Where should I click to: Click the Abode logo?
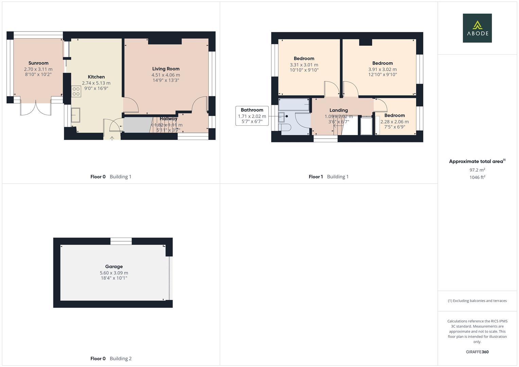coord(477,28)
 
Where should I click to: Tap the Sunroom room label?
coord(38,63)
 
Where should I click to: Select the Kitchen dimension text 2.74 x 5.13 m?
coord(96,83)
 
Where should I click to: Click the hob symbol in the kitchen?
coord(76,91)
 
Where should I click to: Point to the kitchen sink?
coord(75,115)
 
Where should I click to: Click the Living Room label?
coord(166,69)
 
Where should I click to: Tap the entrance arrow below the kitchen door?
coord(112,138)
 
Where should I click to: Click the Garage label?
coord(114,266)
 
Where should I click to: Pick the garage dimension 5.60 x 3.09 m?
coord(114,273)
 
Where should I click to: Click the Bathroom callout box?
coord(252,116)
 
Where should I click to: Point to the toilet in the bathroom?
coord(285,127)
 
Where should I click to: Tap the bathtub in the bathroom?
coord(294,105)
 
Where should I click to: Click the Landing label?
coord(339,110)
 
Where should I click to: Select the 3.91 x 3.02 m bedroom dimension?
coord(382,69)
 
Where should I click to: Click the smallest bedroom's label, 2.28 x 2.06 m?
coord(394,116)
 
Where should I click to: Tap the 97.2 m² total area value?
coord(477,170)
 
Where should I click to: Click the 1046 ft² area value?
coord(477,177)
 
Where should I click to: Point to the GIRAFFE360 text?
coord(477,352)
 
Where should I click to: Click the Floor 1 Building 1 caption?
coord(328,176)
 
